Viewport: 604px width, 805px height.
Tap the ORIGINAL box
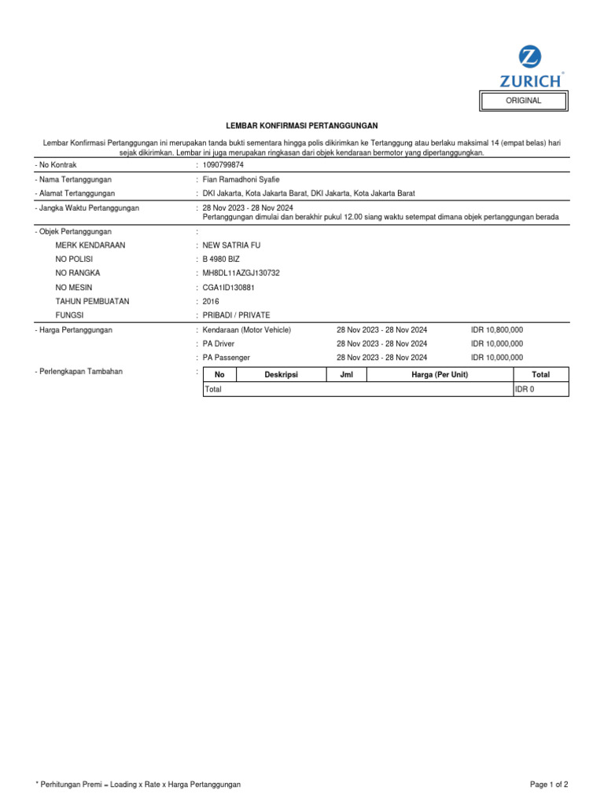pyautogui.click(x=524, y=101)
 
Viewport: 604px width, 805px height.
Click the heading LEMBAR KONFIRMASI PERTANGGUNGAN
pyautogui.click(x=302, y=126)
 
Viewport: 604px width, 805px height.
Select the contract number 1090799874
pyautogui.click(x=223, y=165)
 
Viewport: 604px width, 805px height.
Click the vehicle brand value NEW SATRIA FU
pyautogui.click(x=231, y=245)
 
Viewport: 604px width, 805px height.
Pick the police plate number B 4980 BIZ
pyautogui.click(x=221, y=259)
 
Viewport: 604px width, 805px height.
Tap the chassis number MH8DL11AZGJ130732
pyautogui.click(x=241, y=273)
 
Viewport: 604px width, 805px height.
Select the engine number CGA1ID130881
pyautogui.click(x=229, y=287)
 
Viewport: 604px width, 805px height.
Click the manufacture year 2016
pyautogui.click(x=211, y=301)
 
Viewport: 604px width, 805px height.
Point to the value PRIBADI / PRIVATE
pyautogui.click(x=236, y=315)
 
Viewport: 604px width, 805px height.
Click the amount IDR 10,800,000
pyautogui.click(x=497, y=330)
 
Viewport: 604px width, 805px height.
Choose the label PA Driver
pyautogui.click(x=219, y=344)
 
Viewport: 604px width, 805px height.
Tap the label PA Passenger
pyautogui.click(x=226, y=358)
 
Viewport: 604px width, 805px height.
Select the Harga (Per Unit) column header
pyautogui.click(x=440, y=375)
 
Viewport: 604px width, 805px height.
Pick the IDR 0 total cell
pyautogui.click(x=524, y=389)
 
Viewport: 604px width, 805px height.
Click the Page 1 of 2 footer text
pyautogui.click(x=549, y=785)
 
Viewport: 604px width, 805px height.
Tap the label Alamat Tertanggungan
pyautogui.click(x=75, y=193)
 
